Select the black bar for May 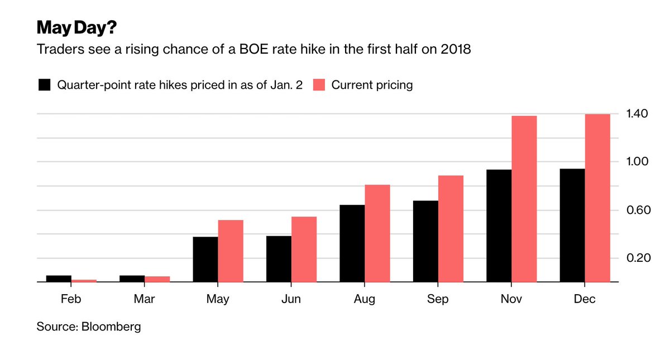pos(205,260)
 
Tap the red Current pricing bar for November pos(524,199)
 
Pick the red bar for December pos(597,198)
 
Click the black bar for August pos(352,244)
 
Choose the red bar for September pos(451,229)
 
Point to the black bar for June pos(279,259)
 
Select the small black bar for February pos(59,279)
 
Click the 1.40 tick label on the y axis pos(636,114)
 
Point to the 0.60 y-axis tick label pos(636,210)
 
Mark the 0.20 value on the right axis pos(636,258)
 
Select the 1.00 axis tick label pos(636,162)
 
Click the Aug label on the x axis pos(365,300)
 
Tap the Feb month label pos(71,300)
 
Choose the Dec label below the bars pos(585,300)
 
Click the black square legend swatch pos(45,85)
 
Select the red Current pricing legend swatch pos(318,85)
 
